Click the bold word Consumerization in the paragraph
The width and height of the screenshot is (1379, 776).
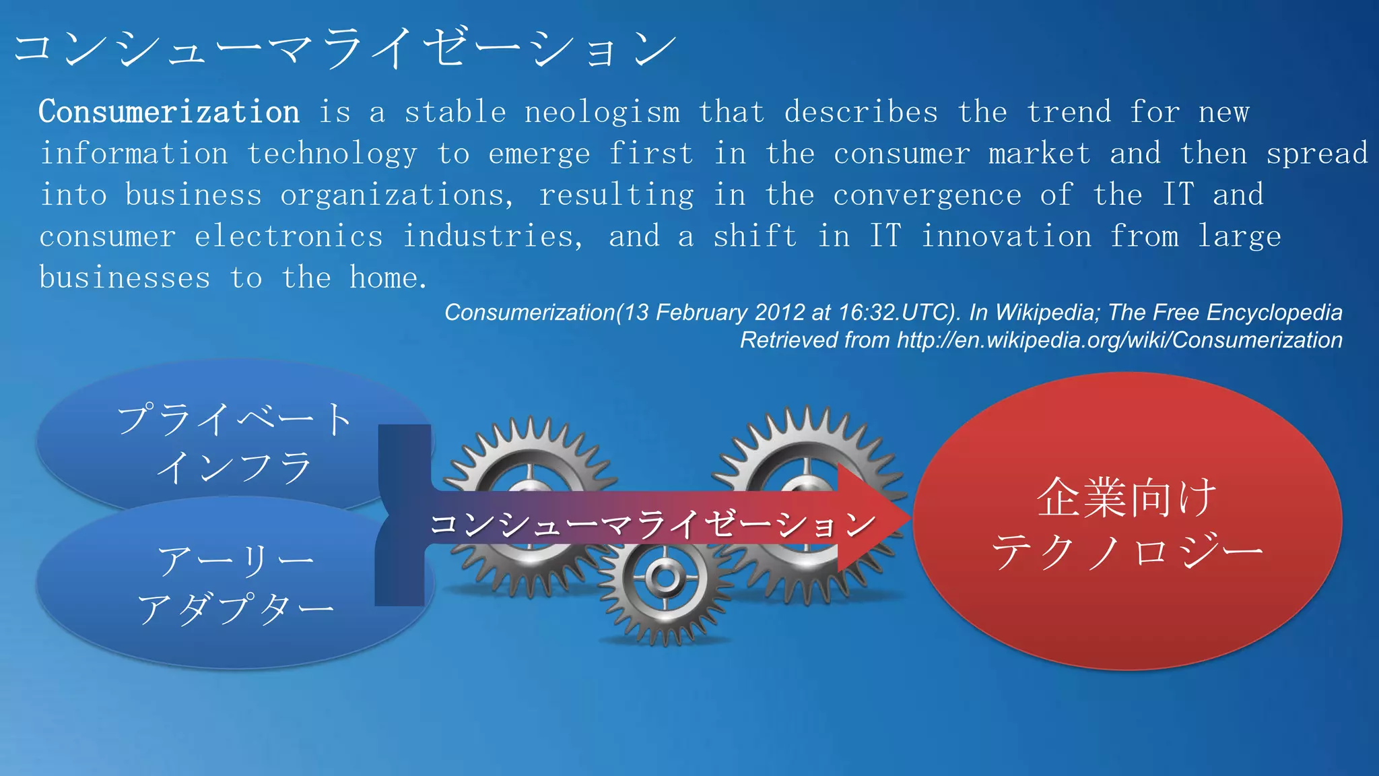[168, 112]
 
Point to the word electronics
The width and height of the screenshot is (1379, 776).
[289, 236]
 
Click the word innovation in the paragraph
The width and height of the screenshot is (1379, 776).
[1006, 236]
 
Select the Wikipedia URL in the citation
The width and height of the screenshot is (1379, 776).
[1119, 340]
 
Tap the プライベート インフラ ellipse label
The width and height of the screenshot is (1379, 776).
[234, 443]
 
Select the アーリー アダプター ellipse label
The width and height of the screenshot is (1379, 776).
[234, 584]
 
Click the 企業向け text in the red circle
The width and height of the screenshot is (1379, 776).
[1126, 498]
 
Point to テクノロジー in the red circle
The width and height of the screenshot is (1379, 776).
[1126, 551]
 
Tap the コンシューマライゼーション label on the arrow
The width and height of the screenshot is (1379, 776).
[652, 524]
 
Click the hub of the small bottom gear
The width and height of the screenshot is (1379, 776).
[664, 578]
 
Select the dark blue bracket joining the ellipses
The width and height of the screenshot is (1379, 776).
[403, 515]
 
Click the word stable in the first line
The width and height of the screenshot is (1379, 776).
[455, 112]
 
